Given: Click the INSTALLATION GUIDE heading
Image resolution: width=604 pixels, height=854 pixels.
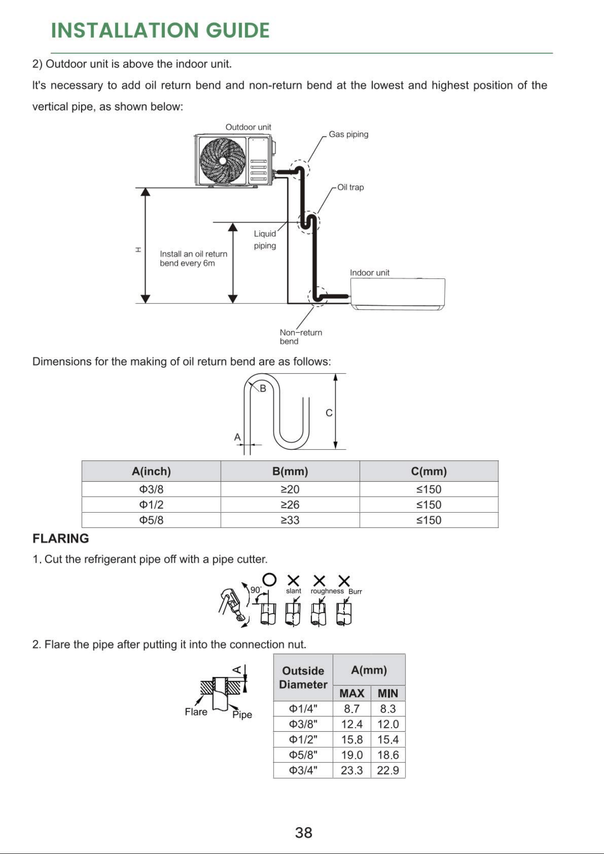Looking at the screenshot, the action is pos(160,31).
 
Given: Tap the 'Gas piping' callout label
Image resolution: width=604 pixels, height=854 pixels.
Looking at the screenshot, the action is pos(349,134).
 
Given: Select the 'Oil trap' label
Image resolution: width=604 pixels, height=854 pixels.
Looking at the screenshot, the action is pos(350,187).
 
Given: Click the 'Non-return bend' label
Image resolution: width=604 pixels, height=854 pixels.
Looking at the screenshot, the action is pos(301,337).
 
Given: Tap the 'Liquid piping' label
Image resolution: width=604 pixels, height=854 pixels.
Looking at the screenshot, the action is pos(265,240).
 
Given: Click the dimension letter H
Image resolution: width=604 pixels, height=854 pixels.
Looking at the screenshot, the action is pos(138,250).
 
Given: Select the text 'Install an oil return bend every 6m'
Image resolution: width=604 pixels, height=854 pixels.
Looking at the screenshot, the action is pos(193,258).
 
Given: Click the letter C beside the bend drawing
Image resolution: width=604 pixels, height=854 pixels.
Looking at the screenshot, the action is pos(329,413).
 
